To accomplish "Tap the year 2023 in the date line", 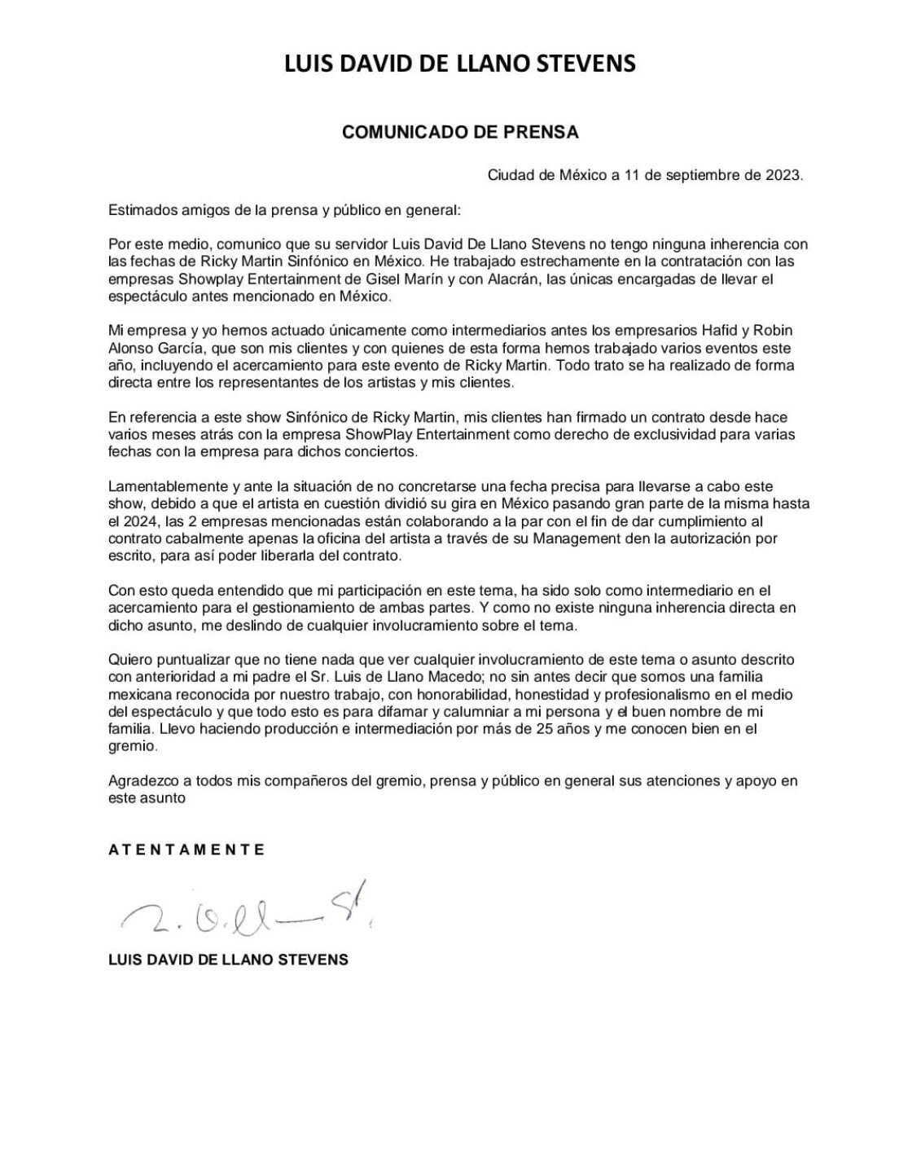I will tap(783, 175).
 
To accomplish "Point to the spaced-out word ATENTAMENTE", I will tap(186, 849).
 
